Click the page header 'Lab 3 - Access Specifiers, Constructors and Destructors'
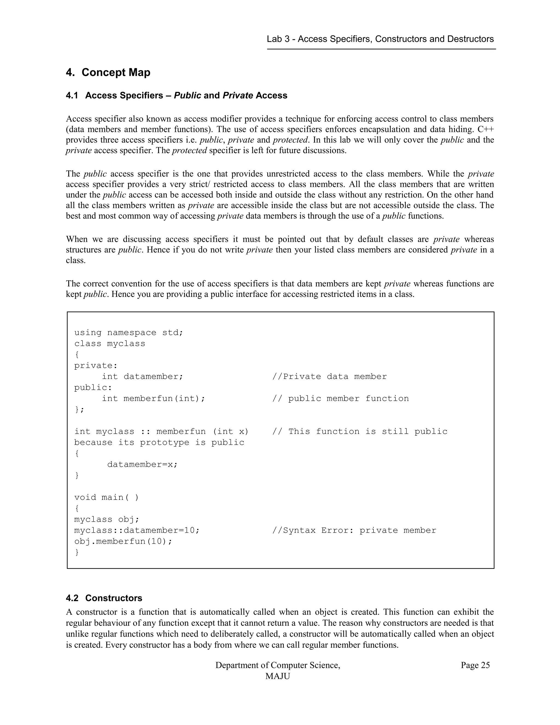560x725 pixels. tap(380, 39)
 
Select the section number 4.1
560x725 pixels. tap(72, 95)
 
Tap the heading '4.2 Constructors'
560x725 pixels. tap(104, 598)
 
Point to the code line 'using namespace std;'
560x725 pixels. tap(129, 333)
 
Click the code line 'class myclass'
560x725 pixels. tap(109, 344)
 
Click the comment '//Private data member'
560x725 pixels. tap(329, 376)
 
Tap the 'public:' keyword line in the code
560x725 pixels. tap(93, 387)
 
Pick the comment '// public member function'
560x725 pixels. tap(340, 398)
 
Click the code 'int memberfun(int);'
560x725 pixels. tap(154, 398)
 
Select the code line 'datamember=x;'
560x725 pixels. tap(142, 465)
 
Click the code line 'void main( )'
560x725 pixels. tap(106, 497)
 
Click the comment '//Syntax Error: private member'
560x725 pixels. tap(354, 530)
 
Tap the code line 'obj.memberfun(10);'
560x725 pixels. tap(123, 541)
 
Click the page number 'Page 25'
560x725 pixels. tap(475, 665)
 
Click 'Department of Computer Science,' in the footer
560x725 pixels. tap(278, 665)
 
